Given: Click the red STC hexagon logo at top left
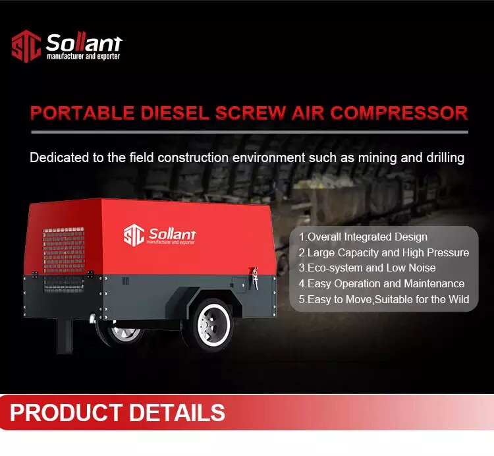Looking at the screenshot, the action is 26,46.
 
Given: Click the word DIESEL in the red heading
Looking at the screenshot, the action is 175,113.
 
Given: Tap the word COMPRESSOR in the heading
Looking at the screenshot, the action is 399,113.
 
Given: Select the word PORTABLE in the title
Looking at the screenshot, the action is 82,113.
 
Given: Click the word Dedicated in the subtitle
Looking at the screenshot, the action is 59,157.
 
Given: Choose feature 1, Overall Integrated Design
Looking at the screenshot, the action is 363,237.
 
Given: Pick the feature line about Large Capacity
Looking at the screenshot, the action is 384,253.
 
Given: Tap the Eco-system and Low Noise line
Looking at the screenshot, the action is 367,268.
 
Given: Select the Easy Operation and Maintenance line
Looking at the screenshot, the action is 381,283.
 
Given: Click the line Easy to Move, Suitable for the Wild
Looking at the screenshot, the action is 384,299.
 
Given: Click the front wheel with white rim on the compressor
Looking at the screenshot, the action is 213,325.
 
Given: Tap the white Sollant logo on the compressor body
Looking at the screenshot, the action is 159,235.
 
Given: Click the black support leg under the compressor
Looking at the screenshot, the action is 65,335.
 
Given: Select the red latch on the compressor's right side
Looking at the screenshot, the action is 254,278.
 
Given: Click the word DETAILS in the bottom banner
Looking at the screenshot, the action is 177,413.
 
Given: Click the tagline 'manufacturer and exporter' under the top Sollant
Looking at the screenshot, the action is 83,57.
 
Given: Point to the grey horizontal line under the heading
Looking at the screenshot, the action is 250,132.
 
